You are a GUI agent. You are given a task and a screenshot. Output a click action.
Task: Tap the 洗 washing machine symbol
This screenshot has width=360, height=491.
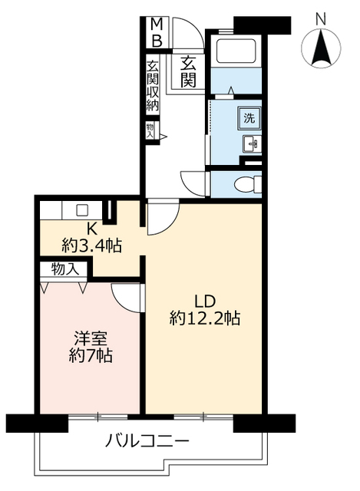[x=248, y=118]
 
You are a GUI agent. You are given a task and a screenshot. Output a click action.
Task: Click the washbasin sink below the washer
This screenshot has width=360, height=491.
[x=249, y=143]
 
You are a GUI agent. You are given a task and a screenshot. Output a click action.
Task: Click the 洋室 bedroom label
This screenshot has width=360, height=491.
[x=90, y=338]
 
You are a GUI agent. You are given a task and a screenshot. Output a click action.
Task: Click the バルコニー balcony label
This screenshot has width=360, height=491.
[x=147, y=442]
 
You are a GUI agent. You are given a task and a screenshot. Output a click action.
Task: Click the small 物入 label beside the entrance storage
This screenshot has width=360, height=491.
[x=150, y=130]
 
